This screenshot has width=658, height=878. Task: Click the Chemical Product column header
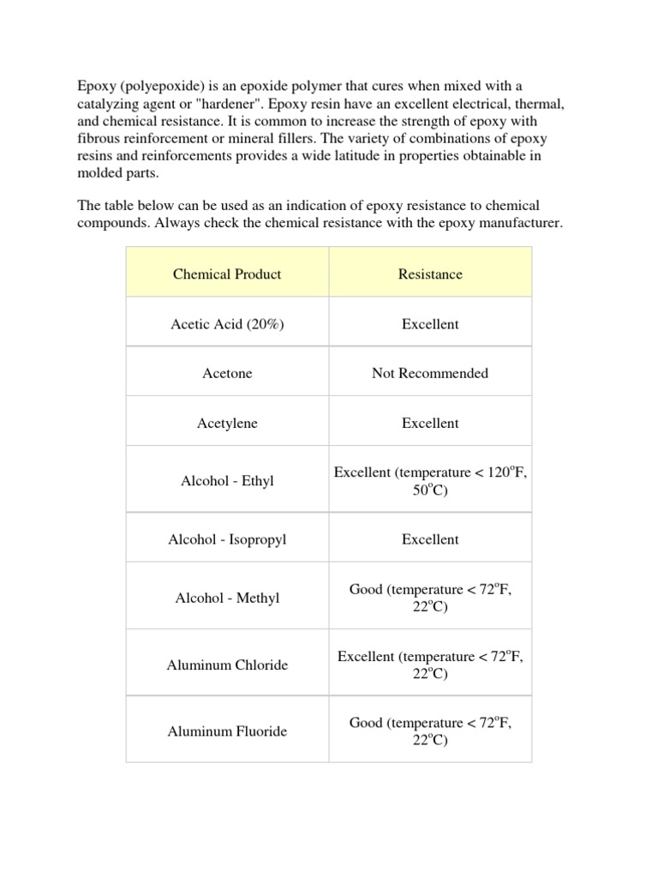[x=227, y=274]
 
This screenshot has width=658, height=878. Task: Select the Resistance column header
[x=430, y=274]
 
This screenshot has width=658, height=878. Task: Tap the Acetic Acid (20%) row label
[x=227, y=324]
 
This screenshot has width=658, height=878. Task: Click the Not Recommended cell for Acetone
[x=430, y=373]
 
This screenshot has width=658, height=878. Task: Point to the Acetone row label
[x=227, y=374]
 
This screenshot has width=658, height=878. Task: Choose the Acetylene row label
[x=227, y=424]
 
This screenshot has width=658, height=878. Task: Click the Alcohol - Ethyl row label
[x=227, y=481]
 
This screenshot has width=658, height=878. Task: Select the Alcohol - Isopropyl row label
[x=227, y=539]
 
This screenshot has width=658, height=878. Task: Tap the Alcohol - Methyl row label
[x=227, y=598]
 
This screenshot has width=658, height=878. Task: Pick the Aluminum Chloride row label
[x=227, y=665]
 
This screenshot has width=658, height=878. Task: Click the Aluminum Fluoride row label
[x=227, y=731]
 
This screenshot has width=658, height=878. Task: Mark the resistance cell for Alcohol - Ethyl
[x=430, y=481]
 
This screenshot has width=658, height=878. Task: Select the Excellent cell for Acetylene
[x=430, y=424]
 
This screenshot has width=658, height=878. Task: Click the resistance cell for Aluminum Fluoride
[x=430, y=731]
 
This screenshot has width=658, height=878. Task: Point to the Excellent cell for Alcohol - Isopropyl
[x=430, y=539]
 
